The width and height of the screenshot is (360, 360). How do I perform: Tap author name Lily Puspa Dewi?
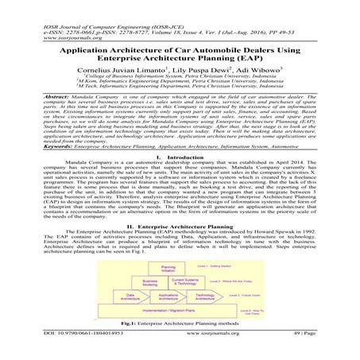coord(186,68)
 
